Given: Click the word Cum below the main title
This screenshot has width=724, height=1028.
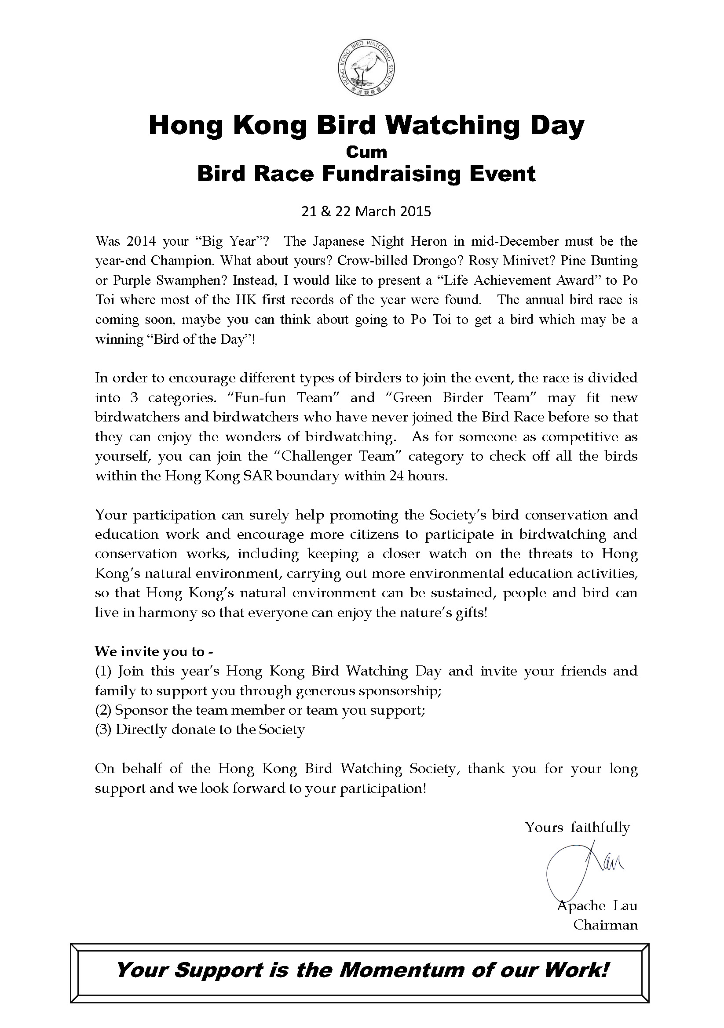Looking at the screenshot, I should (366, 152).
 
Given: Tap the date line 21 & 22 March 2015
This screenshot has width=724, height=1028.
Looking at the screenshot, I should (366, 211).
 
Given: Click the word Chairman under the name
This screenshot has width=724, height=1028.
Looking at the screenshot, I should (605, 925).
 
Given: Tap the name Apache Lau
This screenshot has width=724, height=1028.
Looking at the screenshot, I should (597, 905).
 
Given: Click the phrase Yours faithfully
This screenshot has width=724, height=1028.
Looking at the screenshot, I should (578, 827).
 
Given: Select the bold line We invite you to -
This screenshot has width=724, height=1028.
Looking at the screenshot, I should (154, 651).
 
